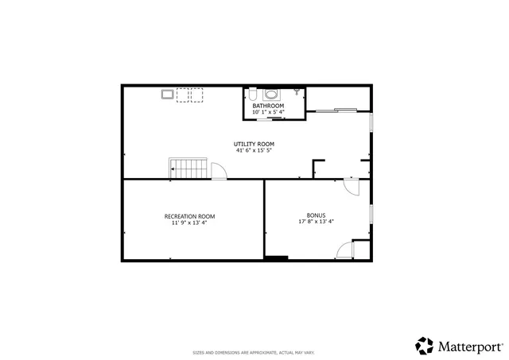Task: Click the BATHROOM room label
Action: click(x=268, y=106)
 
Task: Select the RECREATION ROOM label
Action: click(x=189, y=216)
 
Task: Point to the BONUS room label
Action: click(x=316, y=215)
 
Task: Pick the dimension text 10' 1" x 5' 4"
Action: click(x=268, y=112)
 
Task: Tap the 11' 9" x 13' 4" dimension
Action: click(x=189, y=223)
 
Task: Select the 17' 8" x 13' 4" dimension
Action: click(x=316, y=222)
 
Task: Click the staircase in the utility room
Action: click(x=188, y=169)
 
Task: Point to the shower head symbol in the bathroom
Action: click(x=297, y=92)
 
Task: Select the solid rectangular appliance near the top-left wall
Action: click(x=167, y=95)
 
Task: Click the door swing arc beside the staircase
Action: click(x=220, y=172)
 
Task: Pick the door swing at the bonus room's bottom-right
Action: click(x=344, y=251)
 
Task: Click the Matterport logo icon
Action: click(x=424, y=346)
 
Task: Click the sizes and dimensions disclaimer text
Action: click(x=254, y=352)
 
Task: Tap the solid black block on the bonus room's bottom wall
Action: click(x=276, y=257)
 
